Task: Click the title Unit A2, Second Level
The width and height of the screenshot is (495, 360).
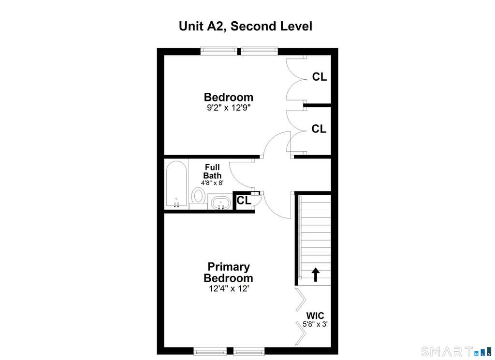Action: coord(245,26)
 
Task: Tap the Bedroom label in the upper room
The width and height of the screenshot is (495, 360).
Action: coord(229,97)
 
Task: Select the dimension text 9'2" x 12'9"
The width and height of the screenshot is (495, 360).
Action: coord(229,108)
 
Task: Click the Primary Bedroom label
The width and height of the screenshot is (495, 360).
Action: coord(228,272)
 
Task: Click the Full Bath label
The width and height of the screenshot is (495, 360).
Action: coord(212,172)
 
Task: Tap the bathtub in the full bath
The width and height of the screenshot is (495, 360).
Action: coord(176,184)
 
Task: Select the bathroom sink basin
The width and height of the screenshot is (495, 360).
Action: coord(221,202)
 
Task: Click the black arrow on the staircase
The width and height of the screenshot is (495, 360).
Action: coord(315,274)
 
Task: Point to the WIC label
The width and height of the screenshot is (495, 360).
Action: coord(315,316)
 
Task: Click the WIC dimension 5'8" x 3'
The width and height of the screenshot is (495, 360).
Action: coord(315,324)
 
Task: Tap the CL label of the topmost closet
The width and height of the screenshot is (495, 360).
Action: coord(320,77)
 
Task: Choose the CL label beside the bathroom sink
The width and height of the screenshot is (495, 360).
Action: coord(244,200)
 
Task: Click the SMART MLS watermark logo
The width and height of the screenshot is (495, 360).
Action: coord(456,351)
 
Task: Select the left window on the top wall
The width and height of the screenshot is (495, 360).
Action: coord(219,51)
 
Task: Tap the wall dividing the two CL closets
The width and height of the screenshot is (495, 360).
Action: coord(317,105)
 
